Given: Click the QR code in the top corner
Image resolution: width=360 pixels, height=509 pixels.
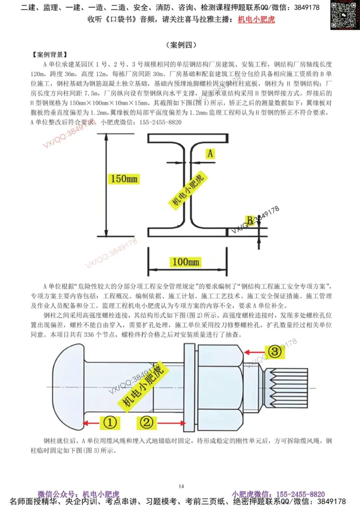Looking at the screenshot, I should point(345,15).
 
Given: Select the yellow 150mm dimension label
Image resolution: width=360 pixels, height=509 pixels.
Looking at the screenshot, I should point(125,179).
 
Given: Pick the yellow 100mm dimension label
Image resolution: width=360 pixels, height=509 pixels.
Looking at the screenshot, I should point(185,261).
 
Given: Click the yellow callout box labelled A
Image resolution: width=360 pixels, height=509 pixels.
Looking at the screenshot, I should point(210,153).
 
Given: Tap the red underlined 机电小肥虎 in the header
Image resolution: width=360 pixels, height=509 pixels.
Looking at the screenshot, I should point(256,19).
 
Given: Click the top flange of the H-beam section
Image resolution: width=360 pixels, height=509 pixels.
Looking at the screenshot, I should point(187,138).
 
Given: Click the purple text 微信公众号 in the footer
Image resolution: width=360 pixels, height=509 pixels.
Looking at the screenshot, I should point(56,494).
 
